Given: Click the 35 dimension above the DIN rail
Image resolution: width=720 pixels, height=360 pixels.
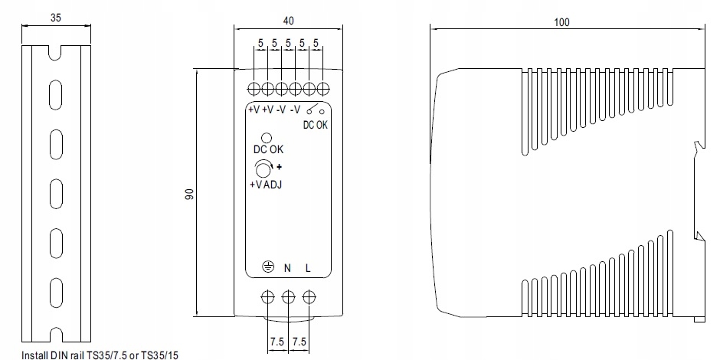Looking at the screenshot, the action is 56,18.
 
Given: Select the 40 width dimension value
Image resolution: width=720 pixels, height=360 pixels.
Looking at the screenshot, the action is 288,21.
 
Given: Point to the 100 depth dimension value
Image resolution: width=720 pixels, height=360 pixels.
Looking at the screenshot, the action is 561,22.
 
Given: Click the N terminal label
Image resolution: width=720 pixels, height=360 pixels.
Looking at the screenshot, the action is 287,268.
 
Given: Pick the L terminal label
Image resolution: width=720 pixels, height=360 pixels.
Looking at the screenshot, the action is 308,268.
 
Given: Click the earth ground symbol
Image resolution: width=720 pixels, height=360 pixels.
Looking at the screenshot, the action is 268,267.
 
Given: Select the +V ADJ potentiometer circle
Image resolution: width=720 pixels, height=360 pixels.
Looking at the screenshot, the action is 263,169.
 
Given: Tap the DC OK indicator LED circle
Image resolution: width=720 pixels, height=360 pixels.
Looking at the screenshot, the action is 267,138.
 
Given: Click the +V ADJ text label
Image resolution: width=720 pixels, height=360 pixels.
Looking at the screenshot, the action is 266,185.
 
